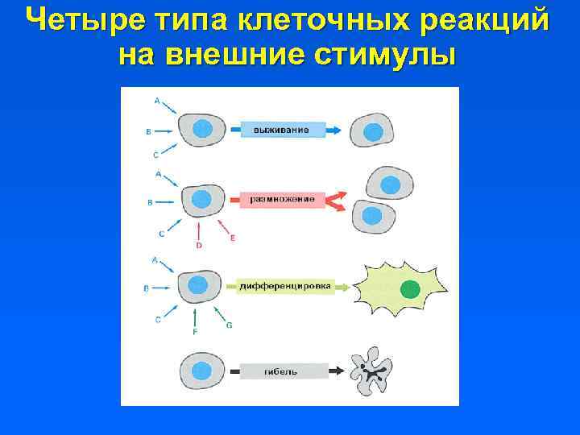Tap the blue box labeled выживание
click(278, 130)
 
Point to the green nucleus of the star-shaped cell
click(411, 290)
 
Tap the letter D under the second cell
click(199, 245)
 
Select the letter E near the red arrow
click(233, 238)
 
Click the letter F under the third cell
click(194, 332)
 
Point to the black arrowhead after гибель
click(337, 371)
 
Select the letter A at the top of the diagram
click(156, 101)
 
